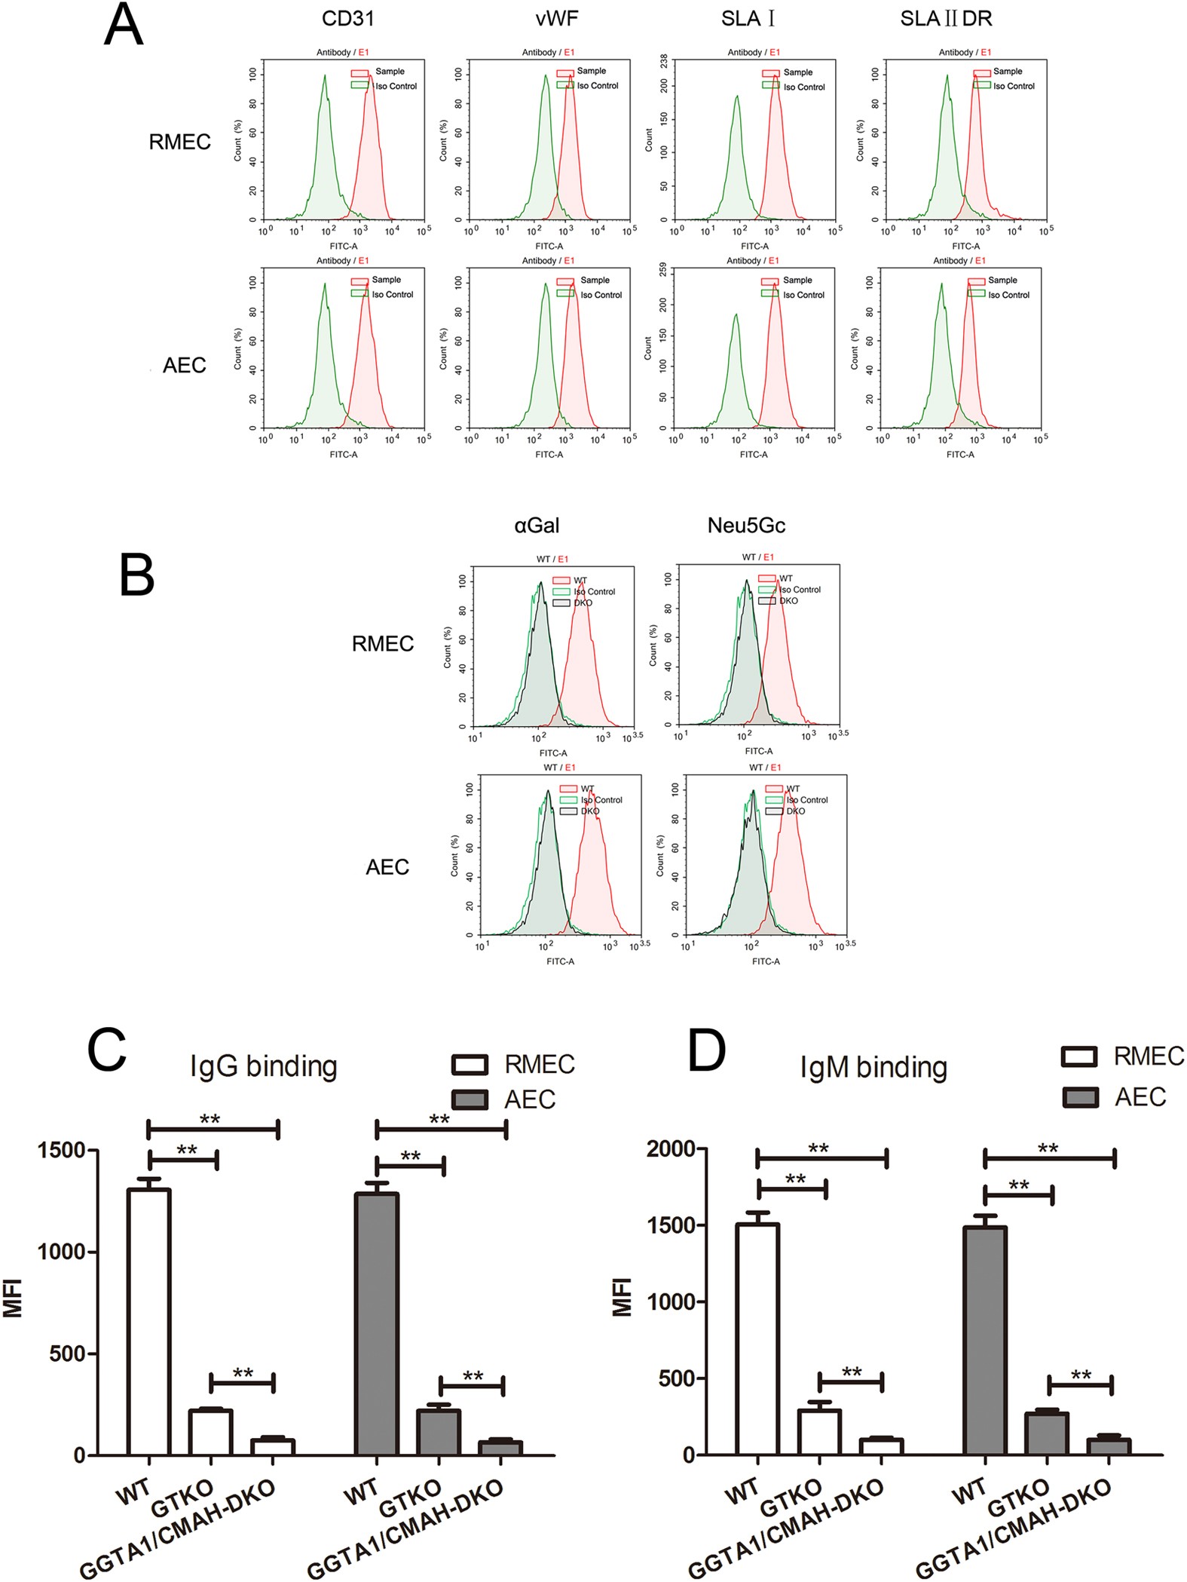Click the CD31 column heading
tap(347, 19)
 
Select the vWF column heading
tap(557, 19)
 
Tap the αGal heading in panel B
tap(537, 526)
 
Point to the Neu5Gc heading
tap(746, 526)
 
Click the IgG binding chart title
tap(264, 1066)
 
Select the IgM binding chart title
tap(873, 1068)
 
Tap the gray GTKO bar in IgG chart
tap(439, 1432)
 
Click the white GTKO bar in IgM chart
tap(820, 1432)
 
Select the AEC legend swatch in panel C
tap(470, 1100)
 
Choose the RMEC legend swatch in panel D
tap(1079, 1056)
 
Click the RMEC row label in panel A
tap(179, 142)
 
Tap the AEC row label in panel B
tap(387, 867)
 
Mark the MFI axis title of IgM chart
tap(623, 1297)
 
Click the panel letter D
tap(707, 1050)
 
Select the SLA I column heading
tap(748, 19)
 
